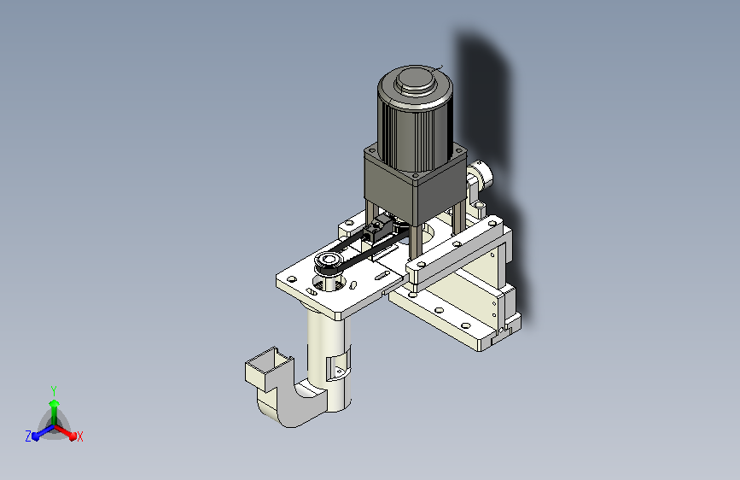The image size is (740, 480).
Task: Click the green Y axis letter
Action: [x=54, y=391]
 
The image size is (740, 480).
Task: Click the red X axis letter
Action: [x=79, y=437]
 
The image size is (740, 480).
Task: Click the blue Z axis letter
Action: [x=28, y=436]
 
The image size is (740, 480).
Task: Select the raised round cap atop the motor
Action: [x=415, y=79]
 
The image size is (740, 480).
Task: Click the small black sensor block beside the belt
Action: [x=376, y=229]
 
